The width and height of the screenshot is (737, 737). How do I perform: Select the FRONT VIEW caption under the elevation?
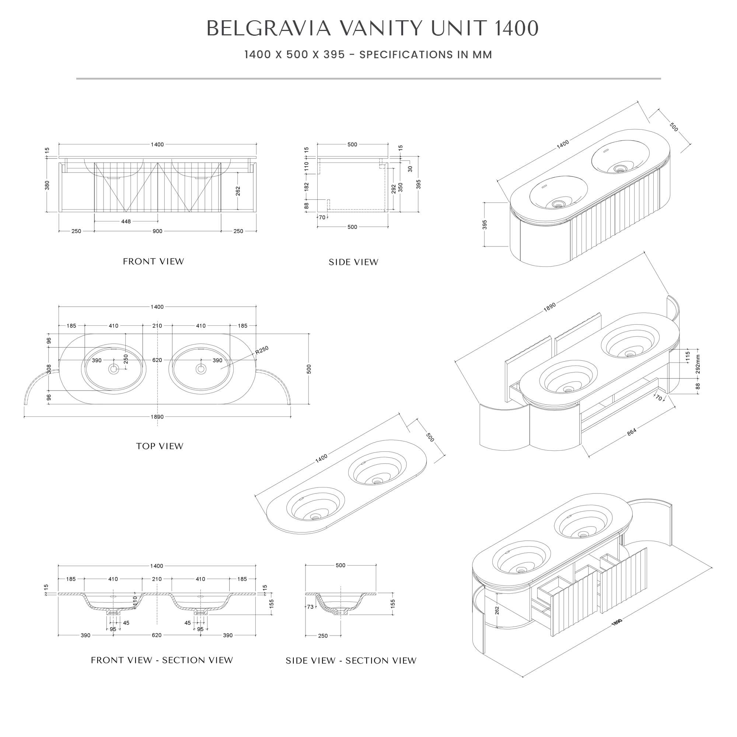153,262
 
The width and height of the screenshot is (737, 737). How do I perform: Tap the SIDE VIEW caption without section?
353,262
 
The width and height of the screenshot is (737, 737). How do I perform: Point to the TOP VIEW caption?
160,446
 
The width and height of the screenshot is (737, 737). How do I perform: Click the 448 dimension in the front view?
126,221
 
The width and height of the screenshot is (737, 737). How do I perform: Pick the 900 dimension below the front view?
157,231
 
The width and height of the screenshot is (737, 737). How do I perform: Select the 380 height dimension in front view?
47,185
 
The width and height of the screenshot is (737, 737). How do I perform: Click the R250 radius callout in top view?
262,350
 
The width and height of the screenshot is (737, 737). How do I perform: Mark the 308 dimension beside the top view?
49,369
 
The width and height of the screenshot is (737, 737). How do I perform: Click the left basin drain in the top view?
113,369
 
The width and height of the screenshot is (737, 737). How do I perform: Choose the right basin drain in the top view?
201,369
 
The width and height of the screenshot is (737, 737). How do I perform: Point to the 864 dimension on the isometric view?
631,432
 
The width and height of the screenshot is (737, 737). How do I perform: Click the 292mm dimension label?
698,364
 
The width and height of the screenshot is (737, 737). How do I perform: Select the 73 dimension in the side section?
310,607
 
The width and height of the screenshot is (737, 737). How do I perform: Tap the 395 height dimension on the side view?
419,184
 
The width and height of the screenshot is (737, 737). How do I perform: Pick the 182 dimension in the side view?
306,187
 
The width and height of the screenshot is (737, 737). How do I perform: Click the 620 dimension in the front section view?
156,635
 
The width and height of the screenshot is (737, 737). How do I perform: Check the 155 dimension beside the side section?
392,604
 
